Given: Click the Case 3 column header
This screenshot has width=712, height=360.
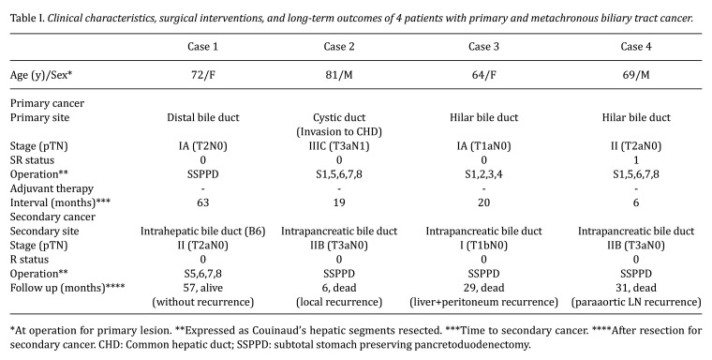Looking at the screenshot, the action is pyautogui.click(x=483, y=47).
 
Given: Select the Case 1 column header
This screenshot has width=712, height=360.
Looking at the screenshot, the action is pyautogui.click(x=202, y=47).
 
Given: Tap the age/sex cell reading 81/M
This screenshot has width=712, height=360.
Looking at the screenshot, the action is pyautogui.click(x=339, y=75).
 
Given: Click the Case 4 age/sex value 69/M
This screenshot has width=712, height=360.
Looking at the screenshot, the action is pyautogui.click(x=636, y=75).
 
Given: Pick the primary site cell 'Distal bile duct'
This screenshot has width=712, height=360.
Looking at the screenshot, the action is pyautogui.click(x=202, y=118).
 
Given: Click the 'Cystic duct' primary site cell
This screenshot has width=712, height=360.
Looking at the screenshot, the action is pyautogui.click(x=339, y=118).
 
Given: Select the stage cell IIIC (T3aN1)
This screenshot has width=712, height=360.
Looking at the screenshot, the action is pyautogui.click(x=339, y=146).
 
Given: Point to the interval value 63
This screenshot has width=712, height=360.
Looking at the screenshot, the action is pyautogui.click(x=202, y=202).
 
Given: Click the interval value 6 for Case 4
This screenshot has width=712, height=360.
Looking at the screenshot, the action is pyautogui.click(x=636, y=202).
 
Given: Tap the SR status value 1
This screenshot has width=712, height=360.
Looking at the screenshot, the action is pyautogui.click(x=636, y=160).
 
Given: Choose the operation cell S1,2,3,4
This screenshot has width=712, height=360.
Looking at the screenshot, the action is pyautogui.click(x=483, y=174).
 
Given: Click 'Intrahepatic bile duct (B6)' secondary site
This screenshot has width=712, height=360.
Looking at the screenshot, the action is pyautogui.click(x=202, y=232).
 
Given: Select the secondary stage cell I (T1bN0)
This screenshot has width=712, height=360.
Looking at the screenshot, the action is pyautogui.click(x=483, y=246).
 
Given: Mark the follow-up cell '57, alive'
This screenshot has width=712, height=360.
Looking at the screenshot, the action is pyautogui.click(x=202, y=288).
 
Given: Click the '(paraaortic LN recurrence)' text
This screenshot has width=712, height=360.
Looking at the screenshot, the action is pyautogui.click(x=636, y=302).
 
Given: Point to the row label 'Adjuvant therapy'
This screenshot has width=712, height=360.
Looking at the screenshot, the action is pyautogui.click(x=52, y=188).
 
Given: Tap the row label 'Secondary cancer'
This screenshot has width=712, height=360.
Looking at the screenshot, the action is pyautogui.click(x=52, y=217).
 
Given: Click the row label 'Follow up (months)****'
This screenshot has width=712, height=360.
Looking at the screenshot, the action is pyautogui.click(x=67, y=288).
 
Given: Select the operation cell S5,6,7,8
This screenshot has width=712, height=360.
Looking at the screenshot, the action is pyautogui.click(x=202, y=274).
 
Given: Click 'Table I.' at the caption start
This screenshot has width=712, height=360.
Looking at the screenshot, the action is pyautogui.click(x=27, y=19).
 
